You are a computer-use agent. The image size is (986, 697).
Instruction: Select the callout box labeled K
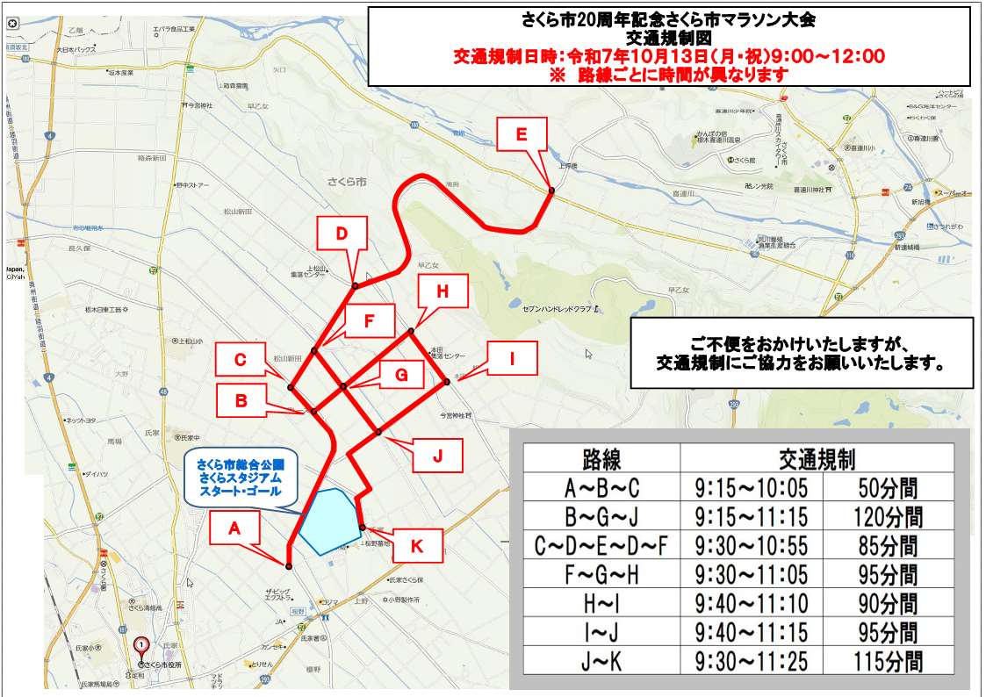(x=417, y=546)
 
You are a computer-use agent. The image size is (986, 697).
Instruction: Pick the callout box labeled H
(x=443, y=292)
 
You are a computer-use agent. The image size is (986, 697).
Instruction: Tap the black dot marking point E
(x=551, y=190)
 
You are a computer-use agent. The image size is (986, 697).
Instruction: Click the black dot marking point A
(x=288, y=564)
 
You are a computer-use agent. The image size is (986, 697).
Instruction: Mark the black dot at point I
(x=447, y=381)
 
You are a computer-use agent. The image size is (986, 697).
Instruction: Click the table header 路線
(x=601, y=459)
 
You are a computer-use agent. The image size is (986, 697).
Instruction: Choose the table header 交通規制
(x=817, y=459)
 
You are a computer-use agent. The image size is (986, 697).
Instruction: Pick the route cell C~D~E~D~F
(x=601, y=546)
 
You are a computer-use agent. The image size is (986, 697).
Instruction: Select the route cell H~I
(x=601, y=604)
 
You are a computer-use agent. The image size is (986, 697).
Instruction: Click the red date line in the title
(x=667, y=57)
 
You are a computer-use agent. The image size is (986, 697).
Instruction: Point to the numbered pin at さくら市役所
(x=141, y=646)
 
